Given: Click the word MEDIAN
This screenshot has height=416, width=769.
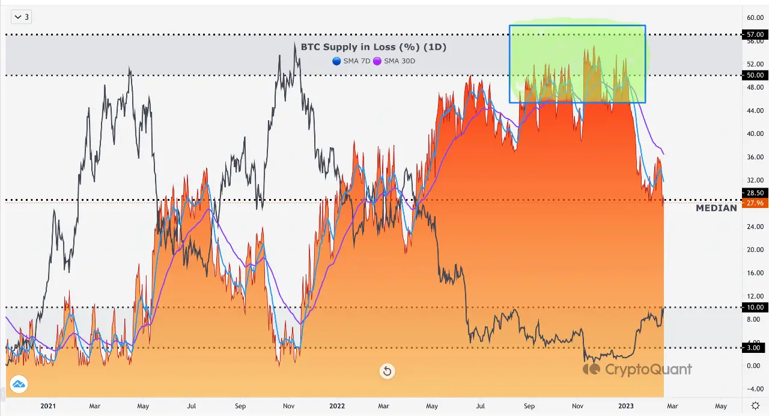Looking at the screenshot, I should coord(716,208).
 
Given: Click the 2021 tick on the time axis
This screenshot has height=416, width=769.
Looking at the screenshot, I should coord(48,406).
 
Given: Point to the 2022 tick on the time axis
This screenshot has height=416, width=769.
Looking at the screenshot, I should coord(337,406).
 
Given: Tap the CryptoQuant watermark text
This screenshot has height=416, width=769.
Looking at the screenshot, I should coord(648,369).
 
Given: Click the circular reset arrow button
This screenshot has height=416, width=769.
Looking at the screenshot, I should coord(387,371).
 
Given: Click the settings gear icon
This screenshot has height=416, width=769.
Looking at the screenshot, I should coord(755,406).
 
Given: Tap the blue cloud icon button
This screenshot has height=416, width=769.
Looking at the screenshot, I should coord(19,384).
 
